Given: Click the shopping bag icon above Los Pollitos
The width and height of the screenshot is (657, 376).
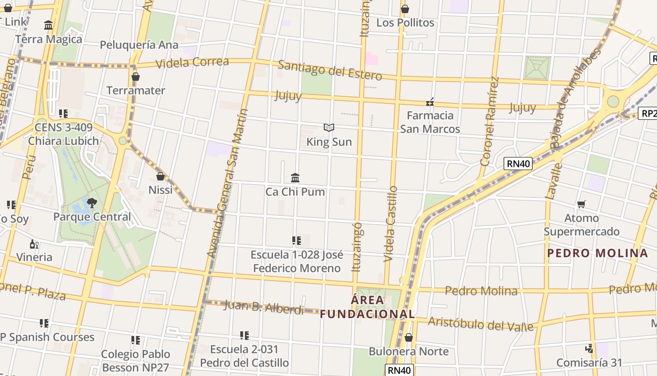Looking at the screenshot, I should click(405, 9).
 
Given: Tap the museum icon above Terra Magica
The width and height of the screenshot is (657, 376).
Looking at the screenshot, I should click(48, 25).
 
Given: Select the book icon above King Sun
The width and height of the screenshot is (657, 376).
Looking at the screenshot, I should click(329, 127).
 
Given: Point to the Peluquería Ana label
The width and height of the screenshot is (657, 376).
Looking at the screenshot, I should click(139, 45).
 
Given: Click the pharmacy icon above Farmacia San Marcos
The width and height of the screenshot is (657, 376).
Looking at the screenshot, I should click(430, 102).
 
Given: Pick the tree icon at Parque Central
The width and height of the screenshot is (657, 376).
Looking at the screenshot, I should click(92, 203).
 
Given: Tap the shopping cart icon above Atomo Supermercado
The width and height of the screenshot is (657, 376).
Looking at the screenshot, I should click(581, 204).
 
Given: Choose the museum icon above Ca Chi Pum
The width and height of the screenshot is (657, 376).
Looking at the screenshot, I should click(295, 178).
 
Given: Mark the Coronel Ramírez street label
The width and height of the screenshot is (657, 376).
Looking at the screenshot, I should click(489, 122).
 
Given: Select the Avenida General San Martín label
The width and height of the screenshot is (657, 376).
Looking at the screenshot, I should click(227, 183).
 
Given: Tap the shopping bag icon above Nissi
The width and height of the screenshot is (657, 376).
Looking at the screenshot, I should click(160, 176).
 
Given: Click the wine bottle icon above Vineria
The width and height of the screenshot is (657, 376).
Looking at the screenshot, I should click(34, 243).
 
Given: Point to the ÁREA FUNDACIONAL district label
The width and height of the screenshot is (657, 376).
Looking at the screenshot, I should click(367, 307).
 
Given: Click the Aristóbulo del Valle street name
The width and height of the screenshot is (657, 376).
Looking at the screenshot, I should click(481, 324).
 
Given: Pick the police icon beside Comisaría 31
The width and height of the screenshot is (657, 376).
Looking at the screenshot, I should click(589, 348).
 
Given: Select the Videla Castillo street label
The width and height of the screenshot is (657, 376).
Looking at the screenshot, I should click(390, 224).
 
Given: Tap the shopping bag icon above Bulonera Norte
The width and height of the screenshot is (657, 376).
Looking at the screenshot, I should click(408, 337).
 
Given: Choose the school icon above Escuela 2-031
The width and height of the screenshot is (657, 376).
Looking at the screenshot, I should click(244, 336).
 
